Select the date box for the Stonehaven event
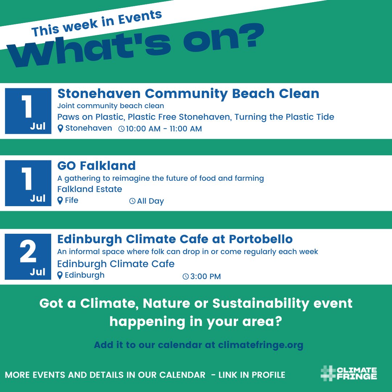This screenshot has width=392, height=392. [28, 111]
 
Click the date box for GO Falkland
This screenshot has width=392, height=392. [28, 183]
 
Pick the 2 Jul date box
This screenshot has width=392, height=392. [28, 257]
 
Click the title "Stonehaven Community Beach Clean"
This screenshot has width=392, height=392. [188, 94]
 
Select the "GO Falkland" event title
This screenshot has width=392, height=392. [97, 166]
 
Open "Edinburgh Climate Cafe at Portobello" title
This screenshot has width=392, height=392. [175, 240]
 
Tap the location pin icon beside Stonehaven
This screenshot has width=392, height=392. [60, 128]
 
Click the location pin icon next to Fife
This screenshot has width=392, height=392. [60, 201]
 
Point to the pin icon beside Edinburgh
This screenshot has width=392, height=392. [60, 275]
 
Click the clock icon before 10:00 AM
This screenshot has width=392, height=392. [122, 129]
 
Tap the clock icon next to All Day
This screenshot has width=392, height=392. [132, 201]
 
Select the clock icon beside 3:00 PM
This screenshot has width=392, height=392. [185, 277]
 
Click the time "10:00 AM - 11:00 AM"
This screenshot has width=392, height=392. [164, 129]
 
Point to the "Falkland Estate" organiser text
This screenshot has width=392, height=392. [90, 189]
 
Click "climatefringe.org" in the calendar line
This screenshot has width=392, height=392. [261, 345]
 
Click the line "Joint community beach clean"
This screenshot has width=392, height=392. [111, 106]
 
